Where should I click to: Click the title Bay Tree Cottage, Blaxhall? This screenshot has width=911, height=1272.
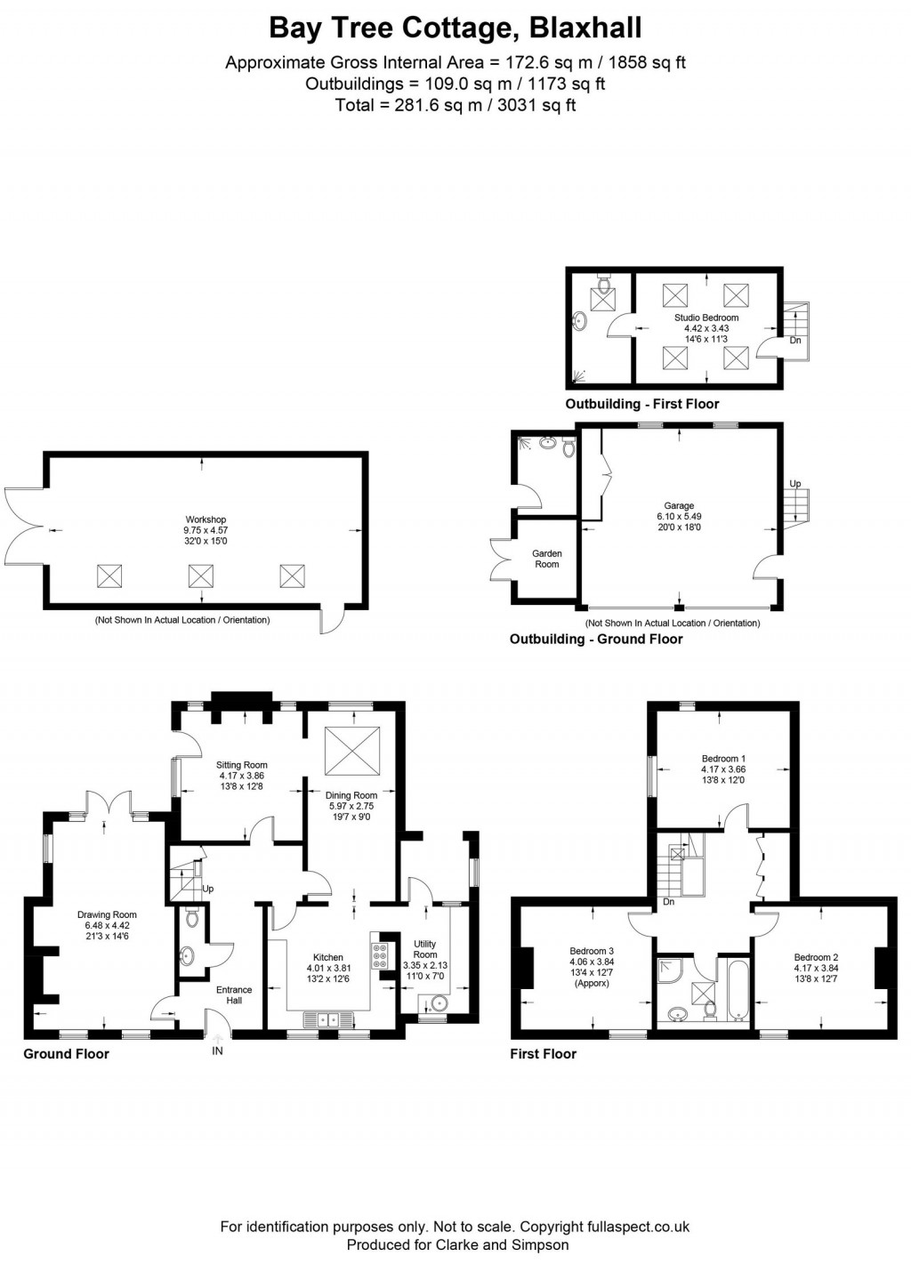point(455,28)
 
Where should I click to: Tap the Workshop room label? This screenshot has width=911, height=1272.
point(206,519)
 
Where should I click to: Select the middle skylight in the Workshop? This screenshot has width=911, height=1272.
point(200,576)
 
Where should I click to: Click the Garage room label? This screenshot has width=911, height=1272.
point(679,505)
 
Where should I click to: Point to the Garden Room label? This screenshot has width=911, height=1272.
point(547,559)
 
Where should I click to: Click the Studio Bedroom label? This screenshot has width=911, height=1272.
point(706,318)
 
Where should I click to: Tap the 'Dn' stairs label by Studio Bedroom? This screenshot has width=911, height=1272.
point(795,341)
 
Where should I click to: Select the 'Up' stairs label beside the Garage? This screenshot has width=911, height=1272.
point(795,484)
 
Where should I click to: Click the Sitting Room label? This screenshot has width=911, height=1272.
point(242,765)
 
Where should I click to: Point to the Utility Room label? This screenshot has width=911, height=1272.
point(425,949)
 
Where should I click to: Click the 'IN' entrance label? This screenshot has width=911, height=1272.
point(217,1051)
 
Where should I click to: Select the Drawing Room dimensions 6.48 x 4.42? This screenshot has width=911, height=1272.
point(107,925)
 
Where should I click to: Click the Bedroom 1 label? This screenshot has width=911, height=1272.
point(723,759)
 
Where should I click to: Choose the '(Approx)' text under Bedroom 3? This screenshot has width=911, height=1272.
point(592,983)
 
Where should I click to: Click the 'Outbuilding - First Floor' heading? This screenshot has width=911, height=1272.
point(641,404)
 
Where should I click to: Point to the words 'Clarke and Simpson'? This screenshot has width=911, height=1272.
point(502,1244)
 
